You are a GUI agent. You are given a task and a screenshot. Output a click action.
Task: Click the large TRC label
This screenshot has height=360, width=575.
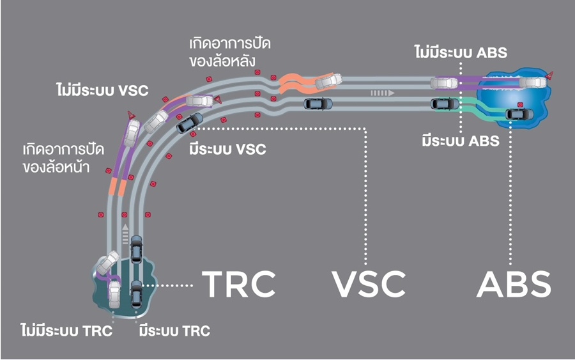(x=239, y=283)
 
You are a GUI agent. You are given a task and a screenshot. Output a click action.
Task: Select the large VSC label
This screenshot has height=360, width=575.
(x=369, y=283)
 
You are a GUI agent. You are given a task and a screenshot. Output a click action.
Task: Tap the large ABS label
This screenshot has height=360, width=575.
(x=513, y=283)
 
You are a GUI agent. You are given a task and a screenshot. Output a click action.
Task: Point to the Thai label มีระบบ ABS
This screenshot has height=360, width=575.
(x=460, y=140)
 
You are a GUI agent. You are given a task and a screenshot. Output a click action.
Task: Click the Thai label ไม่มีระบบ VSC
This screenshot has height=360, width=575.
(x=102, y=90)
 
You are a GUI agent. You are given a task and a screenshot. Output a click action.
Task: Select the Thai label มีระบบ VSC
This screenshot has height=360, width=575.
(x=227, y=150)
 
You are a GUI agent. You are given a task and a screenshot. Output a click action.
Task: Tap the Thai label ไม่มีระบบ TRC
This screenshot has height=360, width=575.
(x=66, y=331)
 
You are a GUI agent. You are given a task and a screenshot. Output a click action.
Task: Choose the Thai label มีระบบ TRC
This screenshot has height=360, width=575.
(x=174, y=331)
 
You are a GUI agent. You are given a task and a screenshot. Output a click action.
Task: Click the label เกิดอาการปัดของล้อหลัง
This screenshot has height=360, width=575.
(x=222, y=52)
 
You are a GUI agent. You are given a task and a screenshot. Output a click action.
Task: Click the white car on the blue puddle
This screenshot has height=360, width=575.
(x=532, y=82)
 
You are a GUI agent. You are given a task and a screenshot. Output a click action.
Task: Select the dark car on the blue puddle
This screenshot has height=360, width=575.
(x=518, y=114)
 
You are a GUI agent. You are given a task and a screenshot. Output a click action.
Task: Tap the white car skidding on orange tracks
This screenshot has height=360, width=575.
(x=328, y=80)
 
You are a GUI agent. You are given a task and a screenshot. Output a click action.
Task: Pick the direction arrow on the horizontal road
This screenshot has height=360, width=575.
(x=383, y=93)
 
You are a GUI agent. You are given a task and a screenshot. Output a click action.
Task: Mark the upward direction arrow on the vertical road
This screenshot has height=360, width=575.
(x=125, y=230)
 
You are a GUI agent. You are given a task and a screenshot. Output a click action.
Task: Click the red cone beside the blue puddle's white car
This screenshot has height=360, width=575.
(x=549, y=76)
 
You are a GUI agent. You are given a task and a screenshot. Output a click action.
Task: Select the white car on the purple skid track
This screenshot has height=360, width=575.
(x=133, y=132)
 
